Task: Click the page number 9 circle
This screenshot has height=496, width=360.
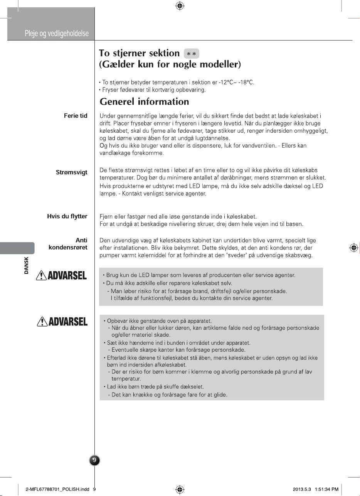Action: click(95, 460)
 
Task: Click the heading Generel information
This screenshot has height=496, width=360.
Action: click(144, 102)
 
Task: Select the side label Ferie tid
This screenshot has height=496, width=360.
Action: click(76, 116)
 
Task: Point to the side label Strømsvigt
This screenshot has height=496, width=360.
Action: click(72, 172)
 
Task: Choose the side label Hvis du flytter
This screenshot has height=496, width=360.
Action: click(67, 216)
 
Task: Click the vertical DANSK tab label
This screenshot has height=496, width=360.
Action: click(26, 266)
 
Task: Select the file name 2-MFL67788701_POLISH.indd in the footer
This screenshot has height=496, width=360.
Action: click(57, 489)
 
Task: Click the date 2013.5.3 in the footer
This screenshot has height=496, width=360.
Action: click(302, 489)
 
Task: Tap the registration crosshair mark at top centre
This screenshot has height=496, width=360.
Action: click(180, 6)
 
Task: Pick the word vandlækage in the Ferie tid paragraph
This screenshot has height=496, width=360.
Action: click(113, 154)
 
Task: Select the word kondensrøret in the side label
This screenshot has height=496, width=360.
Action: click(68, 247)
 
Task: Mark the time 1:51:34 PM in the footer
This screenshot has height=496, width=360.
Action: click(326, 489)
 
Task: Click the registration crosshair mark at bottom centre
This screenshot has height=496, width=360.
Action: click(180, 489)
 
